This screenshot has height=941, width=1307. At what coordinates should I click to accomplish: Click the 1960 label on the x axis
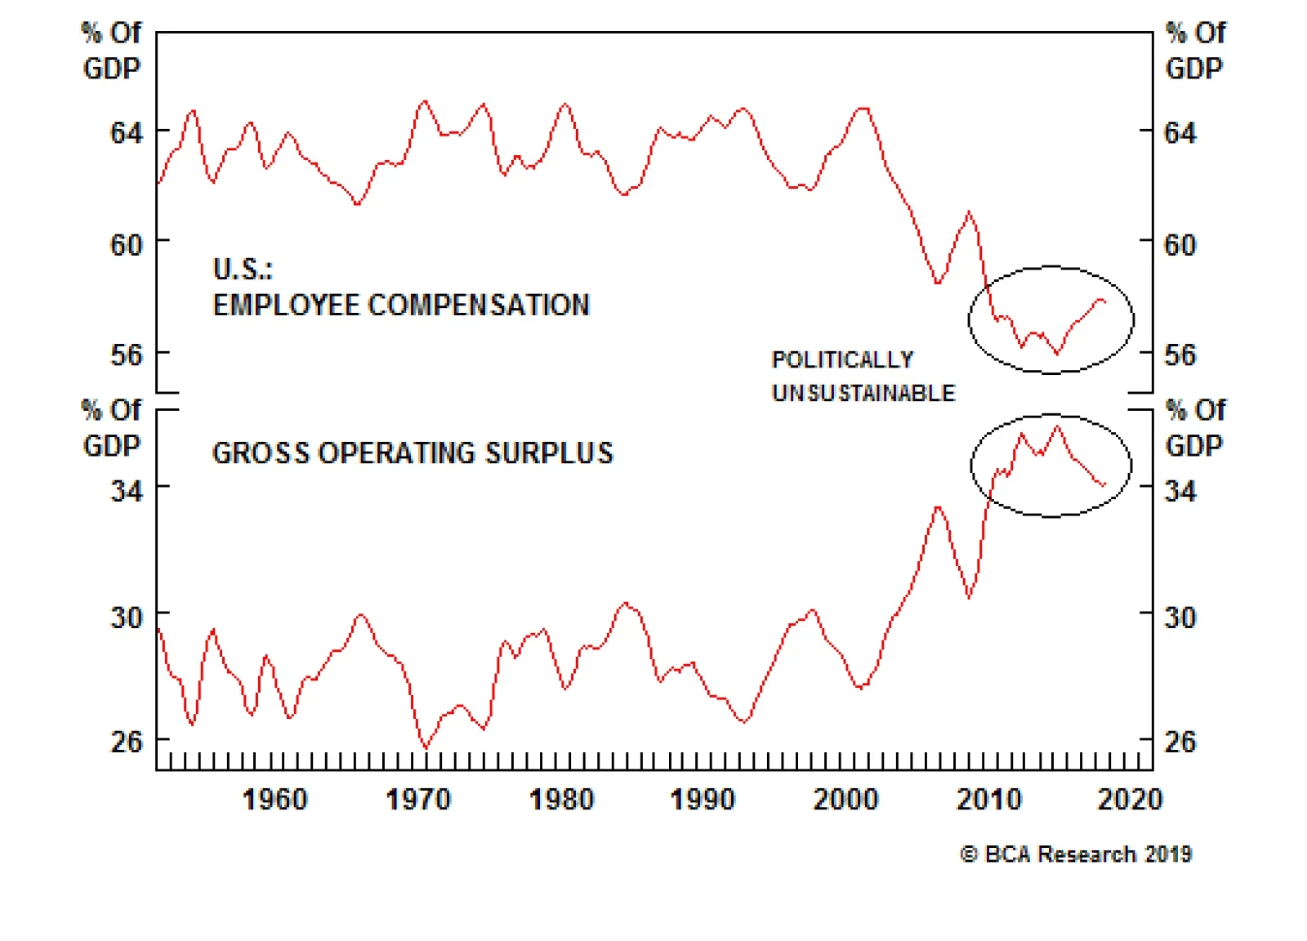274,799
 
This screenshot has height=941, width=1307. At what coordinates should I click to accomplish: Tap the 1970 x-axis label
417,799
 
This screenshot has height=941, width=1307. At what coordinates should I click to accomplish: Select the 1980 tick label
561,799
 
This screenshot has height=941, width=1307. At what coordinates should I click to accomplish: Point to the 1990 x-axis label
703,799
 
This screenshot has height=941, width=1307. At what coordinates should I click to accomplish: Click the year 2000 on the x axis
845,799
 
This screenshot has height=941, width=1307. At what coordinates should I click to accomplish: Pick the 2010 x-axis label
988,799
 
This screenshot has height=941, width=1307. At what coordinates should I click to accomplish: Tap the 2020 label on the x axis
1130,799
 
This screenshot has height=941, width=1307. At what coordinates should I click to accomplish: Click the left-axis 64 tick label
126,132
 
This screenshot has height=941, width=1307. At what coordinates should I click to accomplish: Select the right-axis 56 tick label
1180,355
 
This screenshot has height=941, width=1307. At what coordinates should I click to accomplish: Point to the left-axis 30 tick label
126,618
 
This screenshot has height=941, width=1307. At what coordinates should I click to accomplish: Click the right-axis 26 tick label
1180,742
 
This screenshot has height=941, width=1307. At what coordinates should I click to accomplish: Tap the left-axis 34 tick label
126,491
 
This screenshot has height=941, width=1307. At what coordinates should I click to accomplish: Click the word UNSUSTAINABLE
863,394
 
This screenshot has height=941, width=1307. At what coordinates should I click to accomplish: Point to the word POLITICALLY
842,360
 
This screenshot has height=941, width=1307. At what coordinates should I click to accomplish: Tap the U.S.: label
243,269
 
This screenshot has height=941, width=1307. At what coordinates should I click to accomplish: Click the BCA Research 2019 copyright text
1076,854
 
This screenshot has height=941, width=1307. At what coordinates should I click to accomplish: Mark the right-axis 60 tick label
1180,245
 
